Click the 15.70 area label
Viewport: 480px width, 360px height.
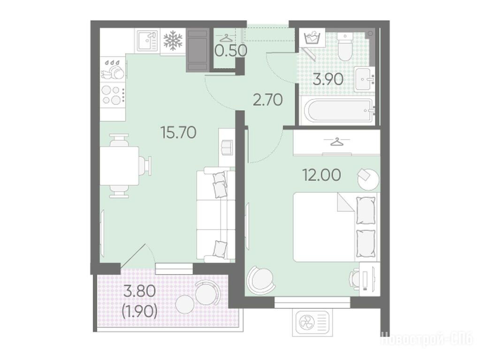coord(178,133)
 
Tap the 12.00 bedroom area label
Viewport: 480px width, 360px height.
coord(321,175)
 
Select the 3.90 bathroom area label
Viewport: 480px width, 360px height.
coord(328,80)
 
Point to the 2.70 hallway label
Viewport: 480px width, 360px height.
coord(267,100)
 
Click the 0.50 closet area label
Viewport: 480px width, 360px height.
coord(230,51)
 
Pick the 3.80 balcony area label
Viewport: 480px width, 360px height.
coord(139,291)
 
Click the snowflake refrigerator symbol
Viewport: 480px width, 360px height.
coord(173,40)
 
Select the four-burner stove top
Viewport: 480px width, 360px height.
coord(113,95)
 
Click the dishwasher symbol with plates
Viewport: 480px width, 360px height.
coord(113,69)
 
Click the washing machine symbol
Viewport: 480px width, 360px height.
coord(312,38)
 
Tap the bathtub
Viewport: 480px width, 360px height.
coord(337,111)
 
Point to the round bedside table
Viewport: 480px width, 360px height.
coord(368,179)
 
